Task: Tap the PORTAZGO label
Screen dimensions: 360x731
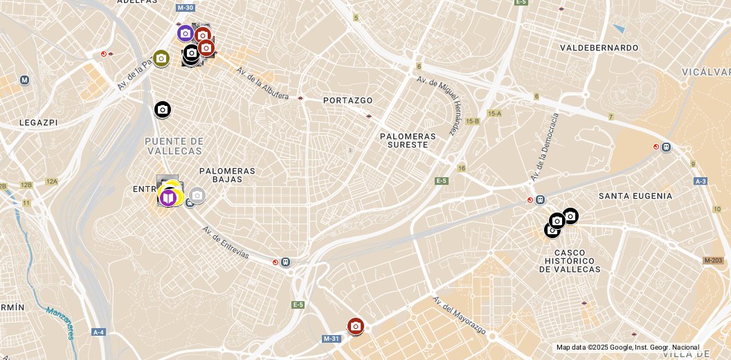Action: [x=348, y=100]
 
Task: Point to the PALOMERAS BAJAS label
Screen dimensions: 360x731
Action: [x=227, y=174]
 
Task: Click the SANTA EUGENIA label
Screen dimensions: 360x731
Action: [x=635, y=196]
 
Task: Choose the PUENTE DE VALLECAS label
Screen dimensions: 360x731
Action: [x=174, y=145]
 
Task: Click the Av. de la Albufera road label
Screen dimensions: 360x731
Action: [x=262, y=83]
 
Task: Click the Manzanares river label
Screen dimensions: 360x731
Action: [x=61, y=323]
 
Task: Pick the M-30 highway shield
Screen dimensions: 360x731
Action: [x=185, y=8]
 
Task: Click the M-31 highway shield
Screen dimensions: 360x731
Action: [x=331, y=339]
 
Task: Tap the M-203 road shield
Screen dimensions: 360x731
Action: [x=713, y=260]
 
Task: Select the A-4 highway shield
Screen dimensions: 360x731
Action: [x=98, y=332]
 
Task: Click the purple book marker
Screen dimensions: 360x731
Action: [x=168, y=198]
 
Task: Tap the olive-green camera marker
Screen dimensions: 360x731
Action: [x=161, y=58]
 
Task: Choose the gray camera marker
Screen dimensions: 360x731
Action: [x=197, y=196]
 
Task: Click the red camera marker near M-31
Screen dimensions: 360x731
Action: [x=355, y=326]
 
